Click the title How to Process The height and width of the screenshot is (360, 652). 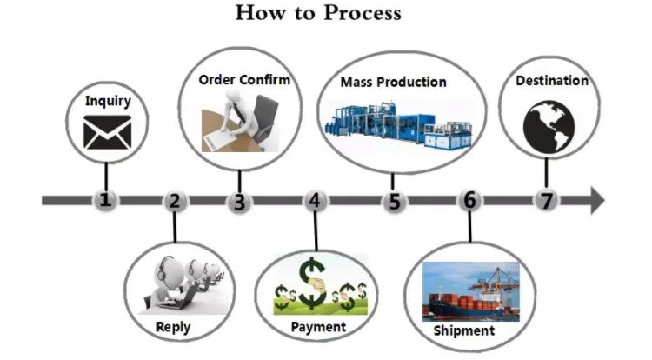click(x=317, y=13)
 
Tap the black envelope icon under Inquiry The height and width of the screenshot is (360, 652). click(x=107, y=132)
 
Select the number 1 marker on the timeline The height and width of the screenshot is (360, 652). click(x=106, y=201)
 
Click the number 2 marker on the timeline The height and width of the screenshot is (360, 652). click(x=175, y=202)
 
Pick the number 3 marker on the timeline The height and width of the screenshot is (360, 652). click(x=239, y=202)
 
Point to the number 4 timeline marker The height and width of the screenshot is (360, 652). click(x=316, y=202)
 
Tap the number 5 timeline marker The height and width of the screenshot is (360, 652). click(x=395, y=202)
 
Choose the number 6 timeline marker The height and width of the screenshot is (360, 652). click(x=469, y=201)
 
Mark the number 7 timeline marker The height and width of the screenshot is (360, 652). click(x=546, y=201)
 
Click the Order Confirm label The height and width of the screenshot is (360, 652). click(x=244, y=80)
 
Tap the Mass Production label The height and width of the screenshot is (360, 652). click(x=394, y=83)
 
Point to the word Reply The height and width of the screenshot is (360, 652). click(x=173, y=328)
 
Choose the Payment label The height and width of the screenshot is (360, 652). click(x=317, y=327)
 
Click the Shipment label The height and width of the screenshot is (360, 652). click(x=463, y=330)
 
